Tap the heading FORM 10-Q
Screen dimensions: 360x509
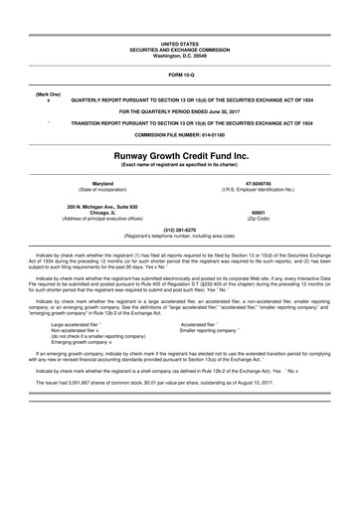click(x=179, y=74)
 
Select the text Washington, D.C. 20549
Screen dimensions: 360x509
click(x=179, y=56)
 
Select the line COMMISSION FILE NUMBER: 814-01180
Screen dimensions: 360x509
click(x=179, y=134)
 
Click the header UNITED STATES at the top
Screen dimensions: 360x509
click(x=179, y=45)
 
